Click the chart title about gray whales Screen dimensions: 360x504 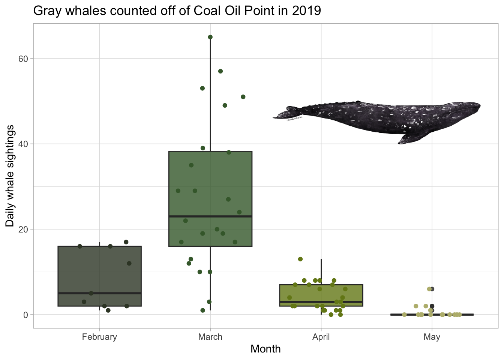click(x=177, y=10)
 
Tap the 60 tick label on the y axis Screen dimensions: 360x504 click(x=24, y=58)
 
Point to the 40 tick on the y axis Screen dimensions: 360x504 click(x=24, y=144)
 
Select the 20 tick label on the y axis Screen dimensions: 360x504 click(x=24, y=229)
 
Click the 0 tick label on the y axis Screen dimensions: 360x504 click(x=26, y=315)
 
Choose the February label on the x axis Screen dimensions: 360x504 click(x=99, y=337)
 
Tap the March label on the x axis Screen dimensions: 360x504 click(x=210, y=337)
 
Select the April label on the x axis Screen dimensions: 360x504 click(x=321, y=337)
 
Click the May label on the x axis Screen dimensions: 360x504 click(x=432, y=337)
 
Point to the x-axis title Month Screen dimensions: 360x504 click(x=265, y=349)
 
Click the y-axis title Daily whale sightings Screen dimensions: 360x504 click(x=10, y=176)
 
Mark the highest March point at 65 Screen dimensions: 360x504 click(x=210, y=37)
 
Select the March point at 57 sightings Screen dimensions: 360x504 click(x=220, y=71)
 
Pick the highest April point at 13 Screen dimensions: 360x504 click(x=300, y=259)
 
